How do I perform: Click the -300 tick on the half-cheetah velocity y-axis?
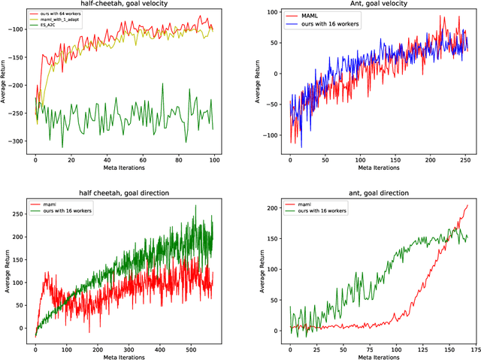coord(18,141)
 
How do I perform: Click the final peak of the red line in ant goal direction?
coord(467,205)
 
